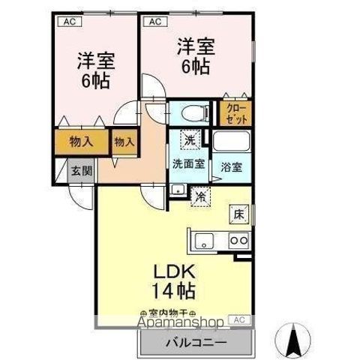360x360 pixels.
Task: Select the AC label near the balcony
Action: (x=240, y=319)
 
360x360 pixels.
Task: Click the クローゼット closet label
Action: (x=235, y=113)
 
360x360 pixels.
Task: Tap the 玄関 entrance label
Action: (x=80, y=171)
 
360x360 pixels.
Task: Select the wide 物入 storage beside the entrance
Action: (x=81, y=142)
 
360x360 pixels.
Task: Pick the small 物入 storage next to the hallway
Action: (x=124, y=142)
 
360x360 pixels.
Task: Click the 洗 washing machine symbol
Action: (x=191, y=139)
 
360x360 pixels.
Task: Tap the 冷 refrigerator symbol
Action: (x=200, y=196)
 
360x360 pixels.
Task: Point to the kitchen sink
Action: (x=205, y=241)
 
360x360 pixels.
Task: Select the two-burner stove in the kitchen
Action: (x=239, y=241)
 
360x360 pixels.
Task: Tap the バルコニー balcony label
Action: (x=192, y=342)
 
